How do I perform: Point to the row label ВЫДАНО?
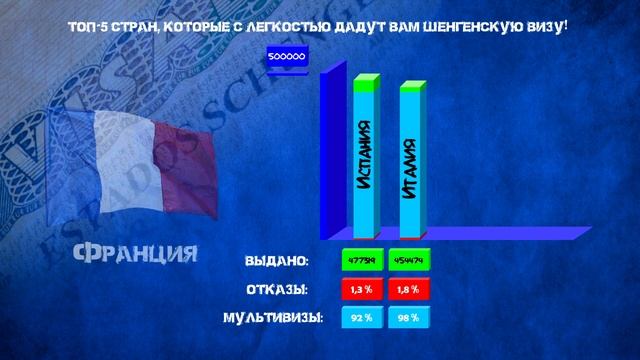[277, 261]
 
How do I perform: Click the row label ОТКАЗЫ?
[276, 290]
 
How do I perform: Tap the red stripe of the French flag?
[190, 165]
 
